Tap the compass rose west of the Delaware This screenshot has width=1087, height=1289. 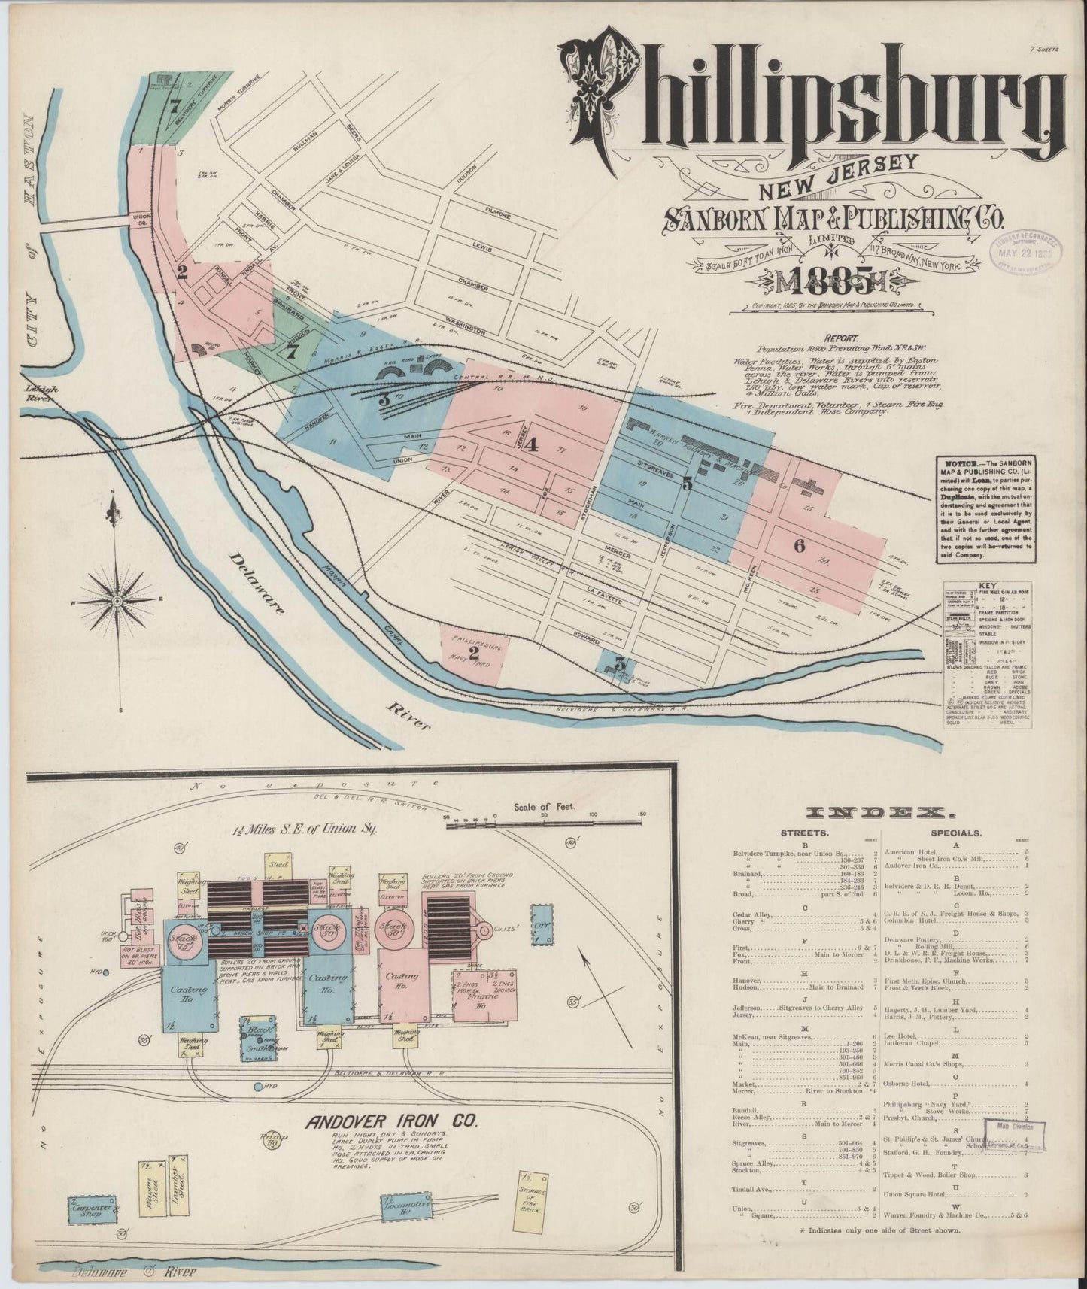click(x=117, y=602)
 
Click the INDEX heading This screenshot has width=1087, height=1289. click(x=875, y=812)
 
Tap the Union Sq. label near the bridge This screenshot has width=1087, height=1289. click(x=141, y=220)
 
